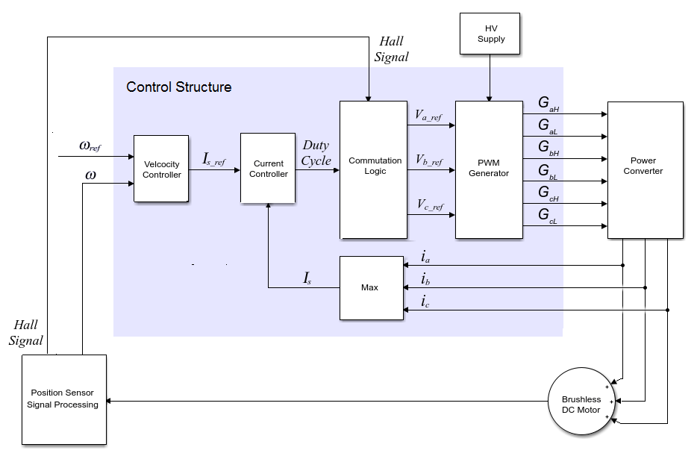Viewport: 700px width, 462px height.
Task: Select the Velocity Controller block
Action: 162,169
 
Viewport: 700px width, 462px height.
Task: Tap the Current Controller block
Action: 268,169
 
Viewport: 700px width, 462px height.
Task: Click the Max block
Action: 371,287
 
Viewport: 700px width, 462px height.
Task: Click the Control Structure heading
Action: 179,87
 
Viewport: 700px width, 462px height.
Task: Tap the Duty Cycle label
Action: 316,153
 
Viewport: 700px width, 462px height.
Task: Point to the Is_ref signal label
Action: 214,158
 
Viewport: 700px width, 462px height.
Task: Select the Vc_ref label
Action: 429,205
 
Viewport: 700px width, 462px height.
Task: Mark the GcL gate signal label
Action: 548,216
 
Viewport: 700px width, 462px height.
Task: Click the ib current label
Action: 425,279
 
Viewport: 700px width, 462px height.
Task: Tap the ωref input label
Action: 89,146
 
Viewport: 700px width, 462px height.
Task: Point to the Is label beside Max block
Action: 307,278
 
